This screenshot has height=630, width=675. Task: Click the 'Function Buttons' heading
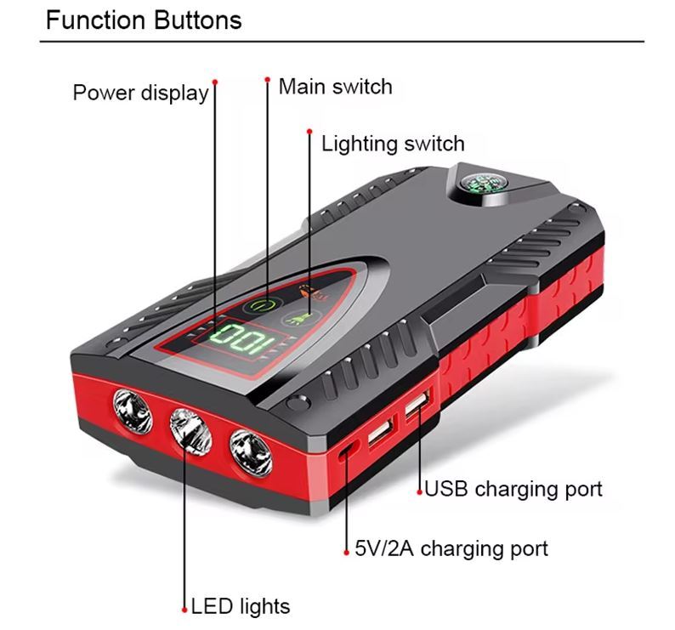[144, 20]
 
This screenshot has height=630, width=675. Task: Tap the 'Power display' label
[140, 93]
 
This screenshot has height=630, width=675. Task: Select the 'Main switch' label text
[335, 87]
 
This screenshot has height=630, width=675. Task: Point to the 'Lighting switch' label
[393, 144]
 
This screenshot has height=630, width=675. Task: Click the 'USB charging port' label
[513, 489]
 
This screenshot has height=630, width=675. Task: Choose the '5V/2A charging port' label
[451, 549]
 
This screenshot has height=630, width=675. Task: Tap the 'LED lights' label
[241, 606]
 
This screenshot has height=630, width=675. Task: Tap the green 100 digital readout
[242, 339]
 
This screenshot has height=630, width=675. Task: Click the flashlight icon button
[301, 319]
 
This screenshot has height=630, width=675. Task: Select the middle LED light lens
[190, 432]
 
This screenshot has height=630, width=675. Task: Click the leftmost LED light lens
[133, 411]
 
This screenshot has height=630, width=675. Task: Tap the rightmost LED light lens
[251, 454]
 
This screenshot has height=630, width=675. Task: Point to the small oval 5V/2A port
[348, 451]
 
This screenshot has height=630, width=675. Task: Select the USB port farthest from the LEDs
[417, 404]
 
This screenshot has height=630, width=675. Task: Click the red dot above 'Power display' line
[215, 82]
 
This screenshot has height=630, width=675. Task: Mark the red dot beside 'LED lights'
[184, 610]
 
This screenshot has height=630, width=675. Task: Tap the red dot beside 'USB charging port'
[420, 491]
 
